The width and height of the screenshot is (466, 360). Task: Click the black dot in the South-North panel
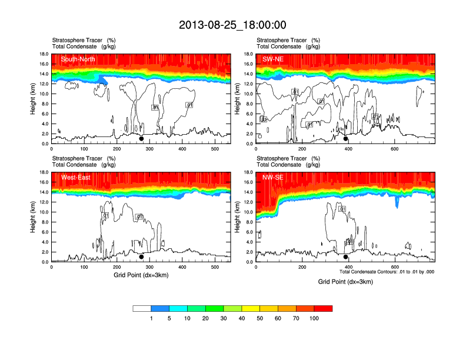141,139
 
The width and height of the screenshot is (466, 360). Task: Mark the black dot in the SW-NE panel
346,139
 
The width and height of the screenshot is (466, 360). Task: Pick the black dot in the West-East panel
141,257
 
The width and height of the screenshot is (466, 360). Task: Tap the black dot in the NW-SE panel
346,257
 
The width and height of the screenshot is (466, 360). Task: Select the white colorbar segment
142,308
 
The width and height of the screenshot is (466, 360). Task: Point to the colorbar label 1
152,318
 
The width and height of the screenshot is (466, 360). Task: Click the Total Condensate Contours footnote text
387,272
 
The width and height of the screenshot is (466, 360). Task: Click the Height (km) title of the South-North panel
34,98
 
